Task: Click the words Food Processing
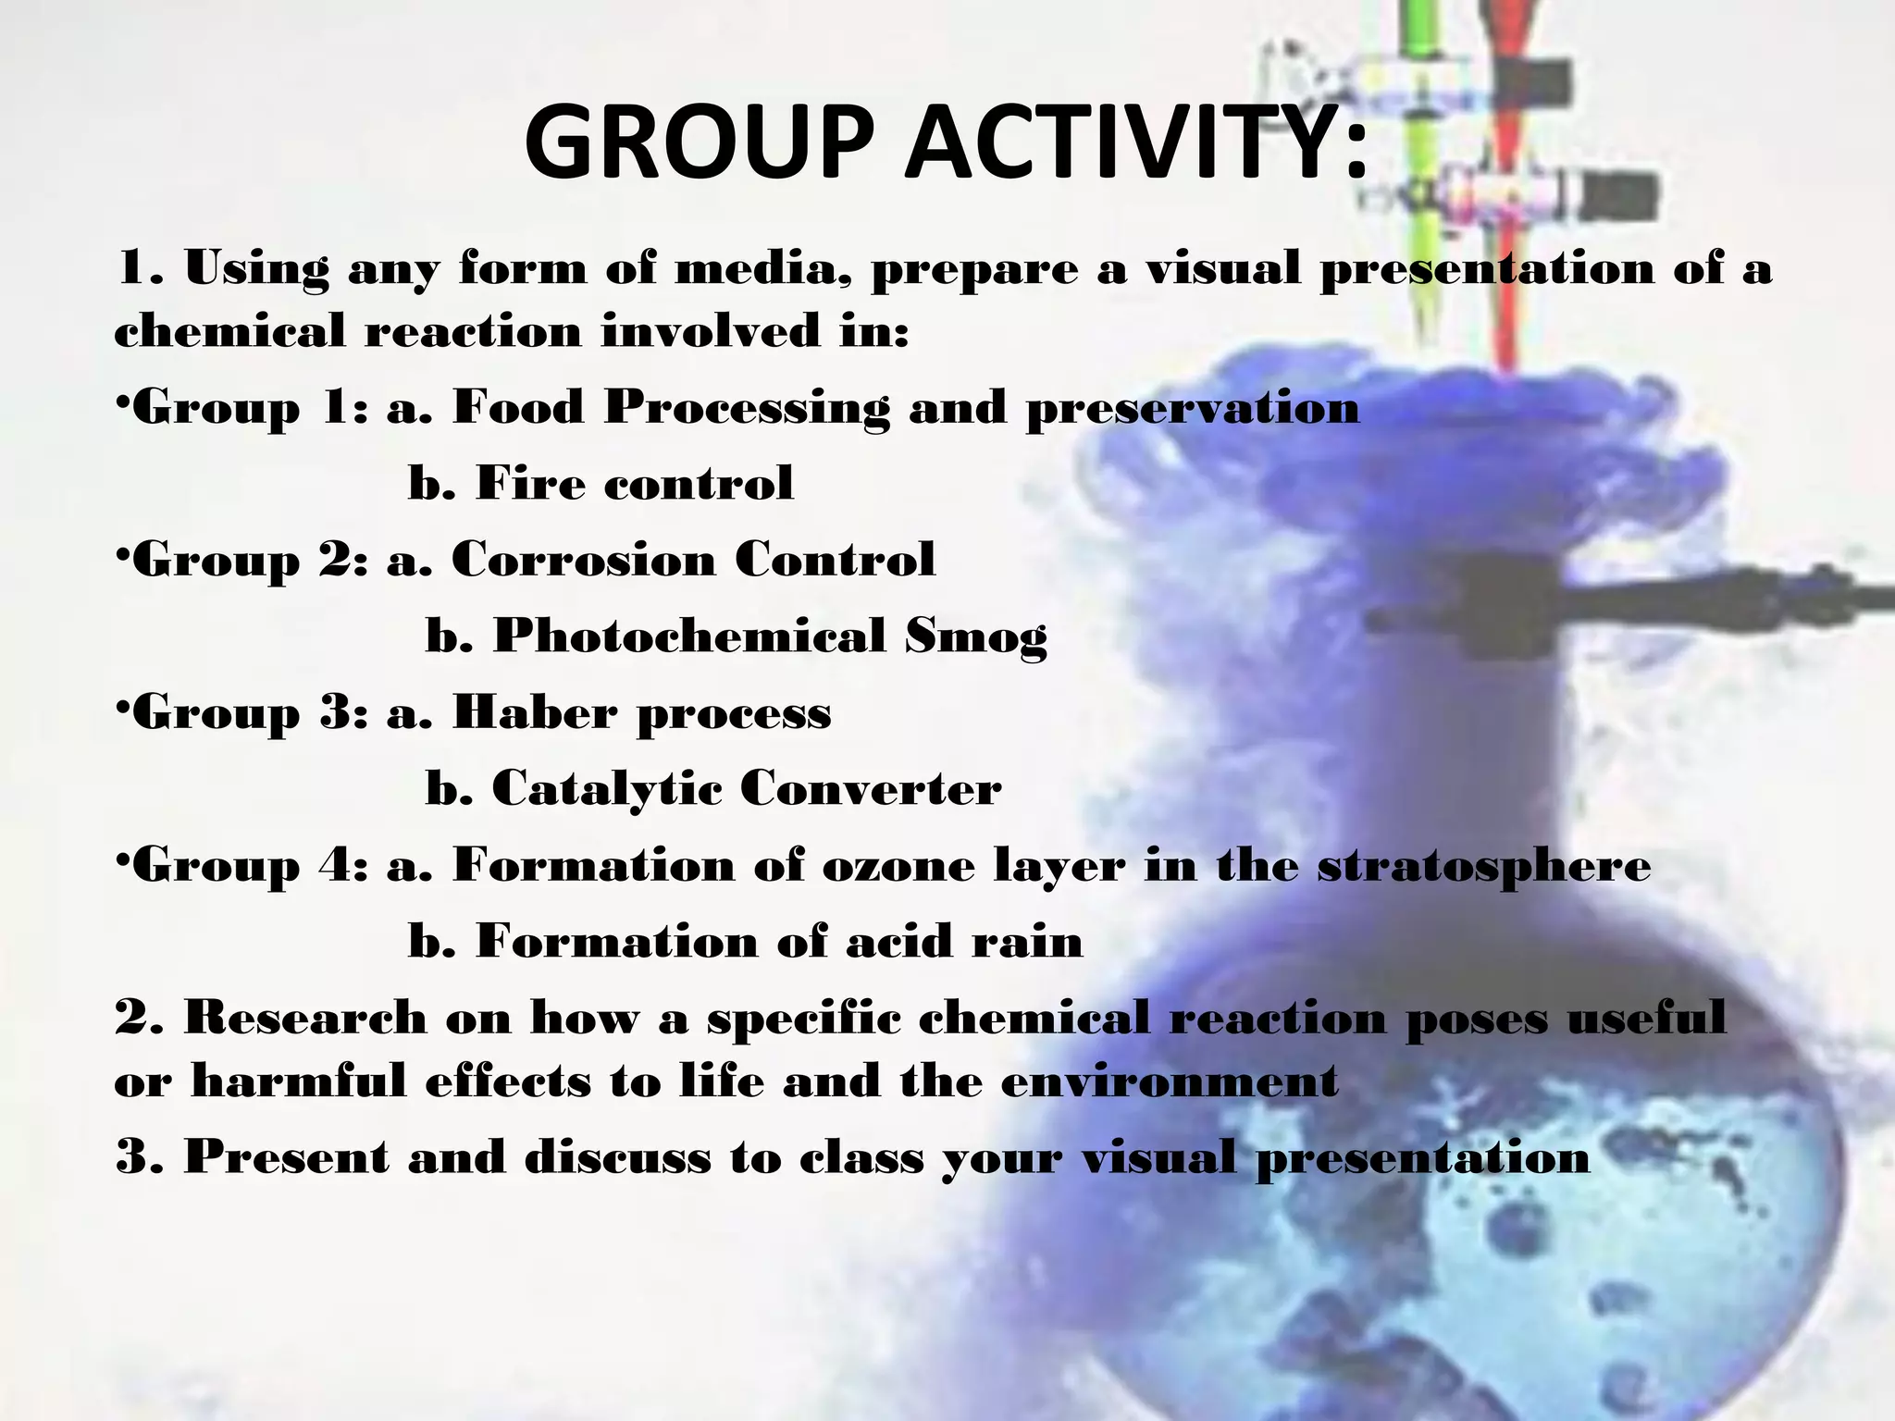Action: coord(670,408)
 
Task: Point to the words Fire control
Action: coord(634,483)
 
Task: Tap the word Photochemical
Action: coord(688,636)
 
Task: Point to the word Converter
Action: coord(870,789)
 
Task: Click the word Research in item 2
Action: coord(305,1019)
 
